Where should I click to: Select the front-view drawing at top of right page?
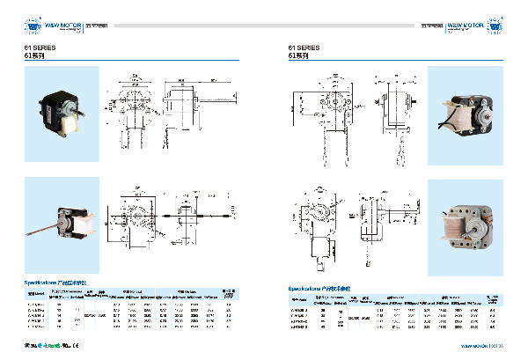pyautogui.click(x=325, y=101)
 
